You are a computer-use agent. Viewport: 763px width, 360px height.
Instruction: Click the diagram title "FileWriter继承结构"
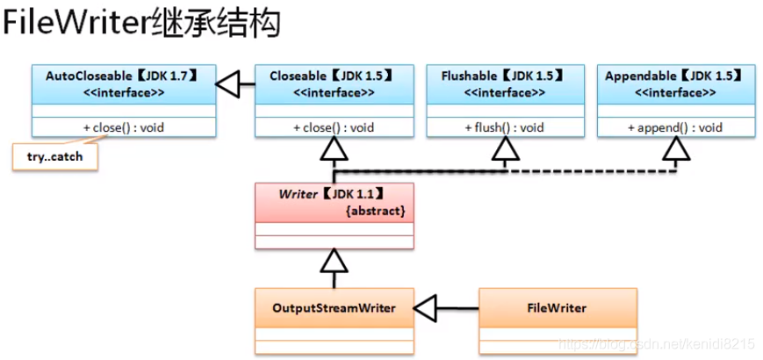[x=141, y=24]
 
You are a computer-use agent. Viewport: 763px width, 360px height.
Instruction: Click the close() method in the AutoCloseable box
[x=123, y=127]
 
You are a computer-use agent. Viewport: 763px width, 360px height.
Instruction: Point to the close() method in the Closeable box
[x=334, y=127]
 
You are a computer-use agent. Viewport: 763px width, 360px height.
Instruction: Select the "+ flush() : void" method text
[x=504, y=127]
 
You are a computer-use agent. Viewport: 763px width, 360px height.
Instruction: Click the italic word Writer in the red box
[x=297, y=194]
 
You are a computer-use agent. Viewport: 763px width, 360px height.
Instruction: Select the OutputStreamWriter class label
[x=334, y=308]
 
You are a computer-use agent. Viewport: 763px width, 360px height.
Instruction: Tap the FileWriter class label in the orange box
[x=557, y=308]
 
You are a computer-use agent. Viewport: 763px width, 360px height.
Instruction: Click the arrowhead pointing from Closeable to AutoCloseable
[x=228, y=85]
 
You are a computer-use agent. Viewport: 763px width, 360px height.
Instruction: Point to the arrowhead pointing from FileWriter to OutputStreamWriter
[x=426, y=308]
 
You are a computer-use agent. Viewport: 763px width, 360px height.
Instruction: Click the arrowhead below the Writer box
[x=334, y=260]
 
